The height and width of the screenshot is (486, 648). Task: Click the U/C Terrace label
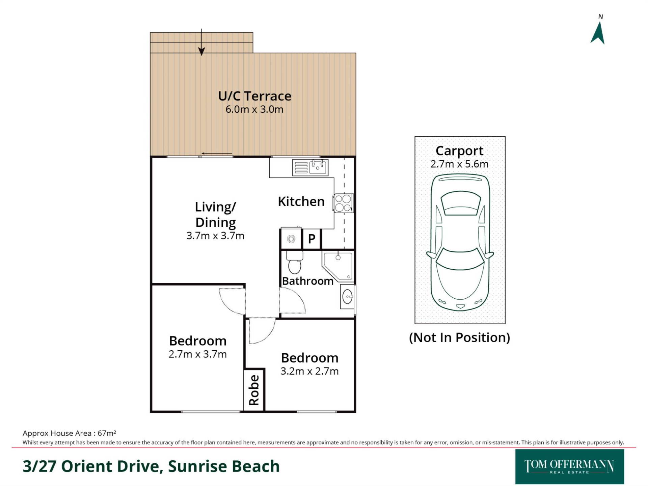coord(254,96)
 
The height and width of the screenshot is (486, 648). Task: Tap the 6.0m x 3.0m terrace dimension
coord(254,109)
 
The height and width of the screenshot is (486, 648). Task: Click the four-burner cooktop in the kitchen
coord(343,203)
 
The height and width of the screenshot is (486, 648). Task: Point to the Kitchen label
coord(301,201)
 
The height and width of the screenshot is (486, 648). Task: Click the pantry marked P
coord(312,239)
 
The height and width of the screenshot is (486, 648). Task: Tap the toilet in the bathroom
coord(294,262)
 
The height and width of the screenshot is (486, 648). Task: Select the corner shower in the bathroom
coord(338,266)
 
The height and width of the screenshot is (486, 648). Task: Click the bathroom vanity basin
coord(347,297)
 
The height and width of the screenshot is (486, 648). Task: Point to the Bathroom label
coord(307,281)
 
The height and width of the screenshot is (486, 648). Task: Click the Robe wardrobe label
coord(254,390)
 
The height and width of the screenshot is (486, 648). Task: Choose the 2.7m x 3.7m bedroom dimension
coord(197,354)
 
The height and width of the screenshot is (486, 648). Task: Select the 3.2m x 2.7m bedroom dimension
coord(309,371)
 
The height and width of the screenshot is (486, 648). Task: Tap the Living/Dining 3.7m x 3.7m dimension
coord(215,236)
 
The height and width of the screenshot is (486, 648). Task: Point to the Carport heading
coord(459,151)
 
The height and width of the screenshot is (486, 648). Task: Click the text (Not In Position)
coord(459,337)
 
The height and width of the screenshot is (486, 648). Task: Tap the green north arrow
coord(598,33)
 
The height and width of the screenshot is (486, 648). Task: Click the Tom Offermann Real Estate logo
coord(569,467)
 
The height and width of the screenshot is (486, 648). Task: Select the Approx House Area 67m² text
coord(69,433)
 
